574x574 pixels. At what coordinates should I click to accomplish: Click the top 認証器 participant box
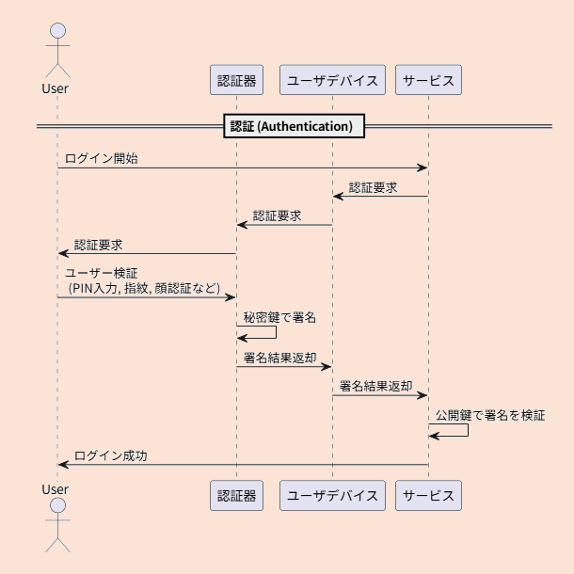[x=236, y=80]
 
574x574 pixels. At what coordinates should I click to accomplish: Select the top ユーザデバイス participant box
[x=332, y=80]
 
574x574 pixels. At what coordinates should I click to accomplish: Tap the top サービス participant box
[x=428, y=80]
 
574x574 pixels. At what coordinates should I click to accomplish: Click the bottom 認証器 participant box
[x=236, y=495]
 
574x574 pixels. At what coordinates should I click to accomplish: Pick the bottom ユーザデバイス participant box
[x=332, y=495]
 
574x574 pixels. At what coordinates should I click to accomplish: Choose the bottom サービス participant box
[x=428, y=495]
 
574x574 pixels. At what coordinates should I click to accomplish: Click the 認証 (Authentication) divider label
[x=292, y=126]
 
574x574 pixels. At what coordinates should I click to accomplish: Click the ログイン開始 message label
[x=102, y=159]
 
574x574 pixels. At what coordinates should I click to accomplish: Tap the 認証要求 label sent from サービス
[x=373, y=187]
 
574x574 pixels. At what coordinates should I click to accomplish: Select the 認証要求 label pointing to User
[x=99, y=245]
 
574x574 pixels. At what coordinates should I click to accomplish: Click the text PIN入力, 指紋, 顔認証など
[x=142, y=288]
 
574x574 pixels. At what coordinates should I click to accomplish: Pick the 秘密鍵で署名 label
[x=279, y=318]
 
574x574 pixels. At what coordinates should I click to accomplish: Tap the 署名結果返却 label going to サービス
[x=375, y=387]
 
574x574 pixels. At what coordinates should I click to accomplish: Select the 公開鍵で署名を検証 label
[x=489, y=415]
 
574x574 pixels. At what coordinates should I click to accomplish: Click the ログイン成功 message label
[x=111, y=455]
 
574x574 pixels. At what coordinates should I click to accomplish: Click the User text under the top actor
[x=56, y=88]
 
